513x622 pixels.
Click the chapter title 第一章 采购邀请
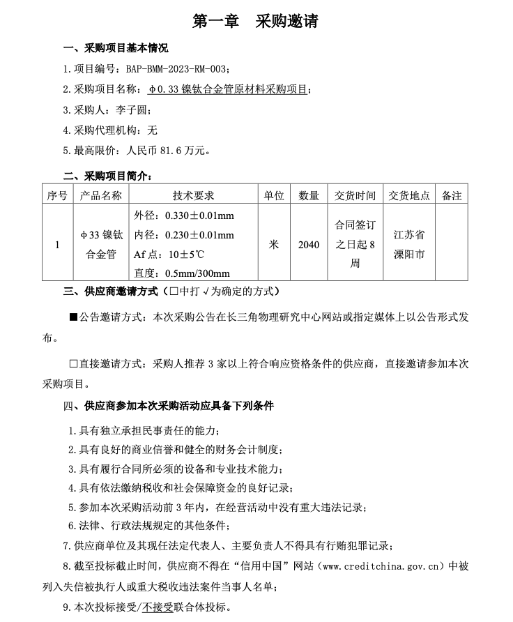coord(256,22)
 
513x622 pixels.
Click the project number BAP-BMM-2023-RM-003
coord(176,69)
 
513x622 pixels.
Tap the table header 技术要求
coord(193,196)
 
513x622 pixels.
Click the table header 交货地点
coord(409,196)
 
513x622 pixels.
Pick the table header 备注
coord(452,196)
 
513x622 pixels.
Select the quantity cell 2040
coord(309,245)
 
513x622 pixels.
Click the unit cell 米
coord(274,245)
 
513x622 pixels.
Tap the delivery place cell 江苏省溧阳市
coord(409,245)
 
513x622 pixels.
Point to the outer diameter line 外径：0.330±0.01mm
coord(184,215)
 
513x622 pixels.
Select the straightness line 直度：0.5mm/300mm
coord(181,273)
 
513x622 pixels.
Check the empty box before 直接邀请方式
coord(73,363)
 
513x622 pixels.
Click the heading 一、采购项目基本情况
coord(115,48)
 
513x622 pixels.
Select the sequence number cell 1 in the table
coord(57,245)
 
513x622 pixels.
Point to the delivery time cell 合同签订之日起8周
coord(355,245)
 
